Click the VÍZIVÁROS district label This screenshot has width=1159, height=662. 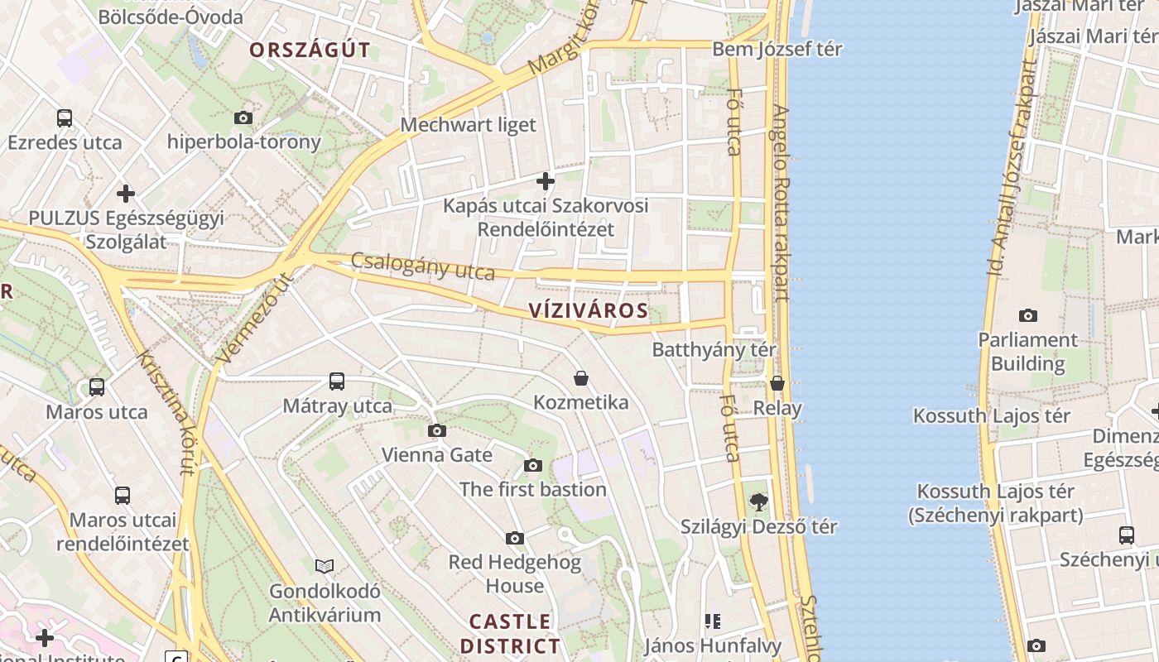[588, 310]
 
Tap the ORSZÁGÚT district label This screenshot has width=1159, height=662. [310, 50]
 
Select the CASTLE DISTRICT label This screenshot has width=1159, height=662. [510, 633]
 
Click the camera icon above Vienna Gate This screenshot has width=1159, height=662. [436, 430]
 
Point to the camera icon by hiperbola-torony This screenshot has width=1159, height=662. [243, 118]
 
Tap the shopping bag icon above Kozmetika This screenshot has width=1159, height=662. [581, 378]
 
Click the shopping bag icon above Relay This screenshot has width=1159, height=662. [777, 383]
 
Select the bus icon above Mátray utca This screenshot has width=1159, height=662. [336, 381]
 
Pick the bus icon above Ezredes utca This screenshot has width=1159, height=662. [65, 118]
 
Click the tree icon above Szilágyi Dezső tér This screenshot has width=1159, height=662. [757, 501]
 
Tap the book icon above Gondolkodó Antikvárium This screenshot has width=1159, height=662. [325, 566]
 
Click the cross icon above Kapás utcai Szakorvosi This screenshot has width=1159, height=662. [545, 180]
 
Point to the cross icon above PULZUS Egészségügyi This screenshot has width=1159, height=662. [125, 194]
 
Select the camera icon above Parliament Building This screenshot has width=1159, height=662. [1027, 315]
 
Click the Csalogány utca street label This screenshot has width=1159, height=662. [422, 266]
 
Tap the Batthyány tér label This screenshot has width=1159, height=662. [714, 349]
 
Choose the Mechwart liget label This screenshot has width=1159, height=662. [468, 125]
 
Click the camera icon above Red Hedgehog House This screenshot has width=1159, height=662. [514, 538]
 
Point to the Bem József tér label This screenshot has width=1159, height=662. [777, 50]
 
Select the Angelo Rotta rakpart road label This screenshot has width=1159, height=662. [779, 203]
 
